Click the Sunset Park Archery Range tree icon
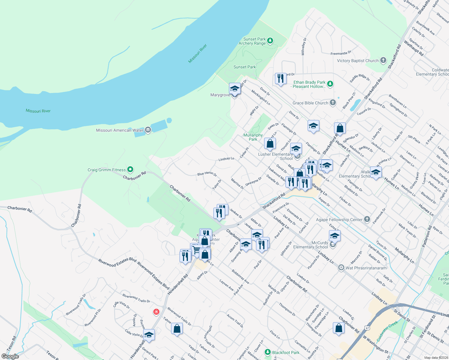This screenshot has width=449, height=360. (x=270, y=40)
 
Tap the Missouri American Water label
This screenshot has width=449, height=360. (x=119, y=130)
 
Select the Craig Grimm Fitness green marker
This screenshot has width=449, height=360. (x=130, y=169)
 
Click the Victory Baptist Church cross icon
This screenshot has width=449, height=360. (x=383, y=60)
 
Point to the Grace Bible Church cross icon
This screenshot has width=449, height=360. (x=333, y=103)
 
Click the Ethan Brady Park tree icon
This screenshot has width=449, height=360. (x=330, y=84)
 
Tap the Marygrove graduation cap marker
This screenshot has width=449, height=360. (x=235, y=89)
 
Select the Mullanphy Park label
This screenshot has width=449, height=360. (x=253, y=137)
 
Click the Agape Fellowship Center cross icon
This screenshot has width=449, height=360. (x=367, y=219)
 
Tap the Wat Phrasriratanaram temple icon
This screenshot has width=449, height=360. (x=341, y=268)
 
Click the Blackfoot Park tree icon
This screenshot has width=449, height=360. (x=267, y=352)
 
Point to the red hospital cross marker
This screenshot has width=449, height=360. (x=156, y=312)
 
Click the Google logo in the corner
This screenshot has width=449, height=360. (x=10, y=356)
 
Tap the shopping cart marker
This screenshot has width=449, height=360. (x=197, y=250)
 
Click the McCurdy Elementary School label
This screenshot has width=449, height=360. (x=311, y=245)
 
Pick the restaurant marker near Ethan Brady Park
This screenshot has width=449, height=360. (x=280, y=79)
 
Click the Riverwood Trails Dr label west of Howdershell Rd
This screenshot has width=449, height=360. (x=136, y=298)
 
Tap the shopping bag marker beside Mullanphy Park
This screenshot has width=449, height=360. (x=270, y=144)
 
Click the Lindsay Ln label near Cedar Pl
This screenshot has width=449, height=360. (x=226, y=159)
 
